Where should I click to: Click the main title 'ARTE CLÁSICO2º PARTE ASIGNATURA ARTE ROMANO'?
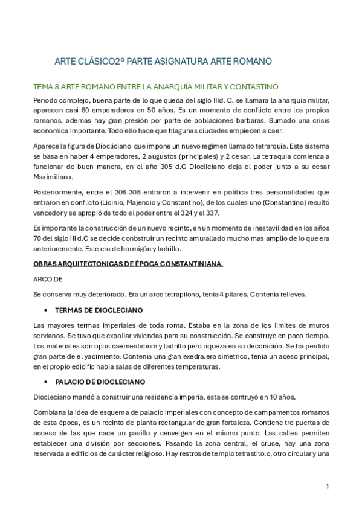(163, 62)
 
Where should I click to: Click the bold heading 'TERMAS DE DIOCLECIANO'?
(99, 310)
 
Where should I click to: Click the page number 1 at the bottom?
(326, 486)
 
